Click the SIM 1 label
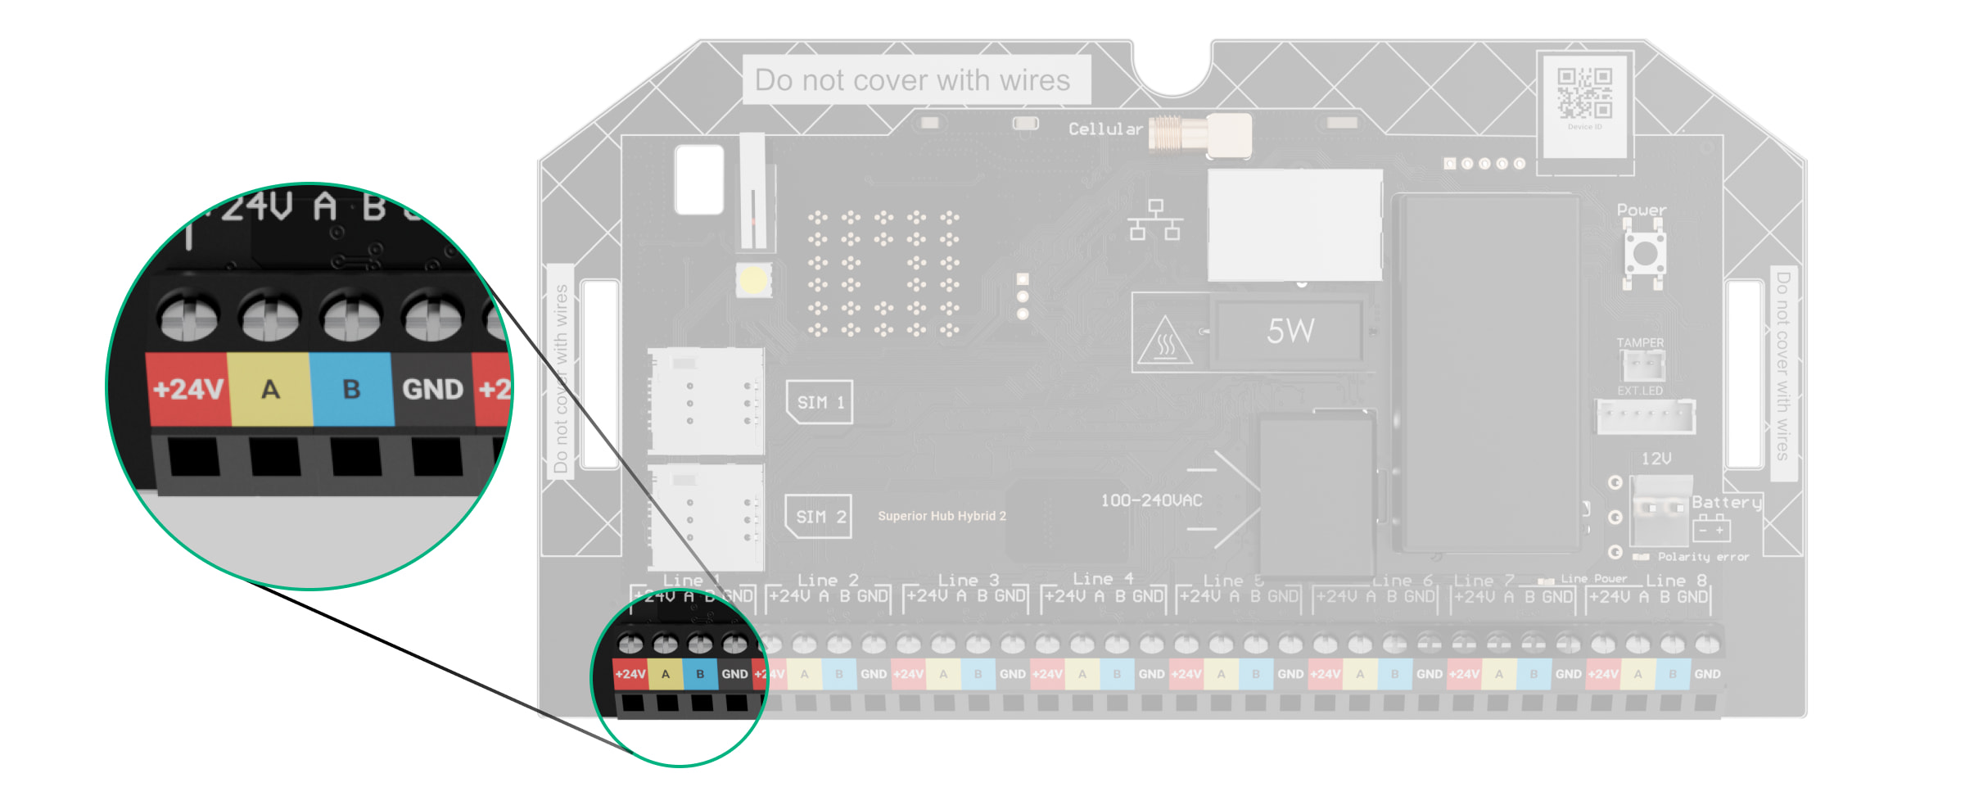pos(820,402)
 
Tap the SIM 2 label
pos(819,517)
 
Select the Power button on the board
pos(1644,253)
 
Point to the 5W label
pos(1290,331)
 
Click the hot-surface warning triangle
pos(1165,341)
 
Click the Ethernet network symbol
pos(1155,219)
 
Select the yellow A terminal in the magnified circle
pos(270,389)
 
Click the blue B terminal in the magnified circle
pos(351,389)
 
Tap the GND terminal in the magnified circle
pos(432,389)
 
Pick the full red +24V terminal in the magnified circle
pos(187,389)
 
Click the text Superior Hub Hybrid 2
pos(942,516)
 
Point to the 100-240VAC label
pos(1151,500)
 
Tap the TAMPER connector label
pos(1640,342)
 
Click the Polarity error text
pos(1703,557)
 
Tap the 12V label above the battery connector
pos(1656,459)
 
